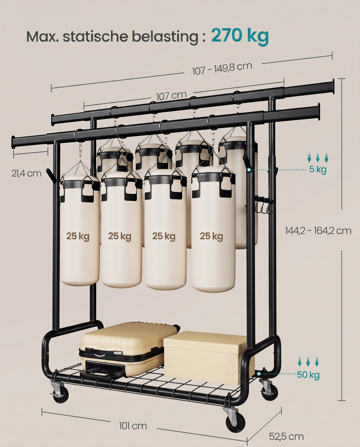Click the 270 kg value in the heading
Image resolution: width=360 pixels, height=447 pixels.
point(240,36)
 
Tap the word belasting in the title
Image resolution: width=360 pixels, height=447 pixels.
point(165,37)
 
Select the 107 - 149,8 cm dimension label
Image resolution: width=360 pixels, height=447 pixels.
point(222,68)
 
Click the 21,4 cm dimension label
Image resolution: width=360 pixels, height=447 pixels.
point(26,173)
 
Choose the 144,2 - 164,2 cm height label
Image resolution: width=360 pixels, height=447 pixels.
point(318,231)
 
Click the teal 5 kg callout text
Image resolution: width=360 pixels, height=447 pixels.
point(318,169)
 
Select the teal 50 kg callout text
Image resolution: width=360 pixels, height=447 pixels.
point(308,375)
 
